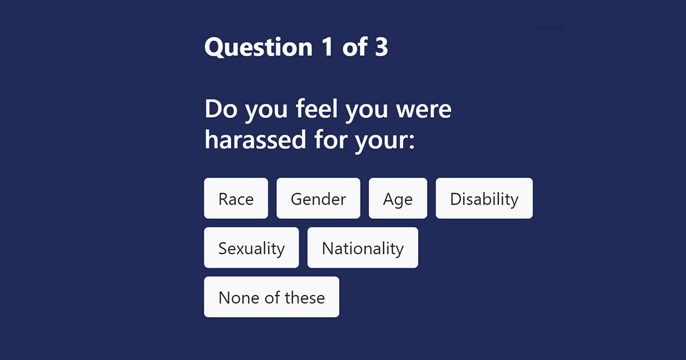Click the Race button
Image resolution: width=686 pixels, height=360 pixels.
(236, 198)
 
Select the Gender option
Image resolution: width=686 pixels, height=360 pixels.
(318, 198)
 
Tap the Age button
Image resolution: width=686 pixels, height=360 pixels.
(398, 198)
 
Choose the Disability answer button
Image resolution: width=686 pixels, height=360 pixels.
(484, 198)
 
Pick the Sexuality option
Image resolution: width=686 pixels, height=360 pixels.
(252, 247)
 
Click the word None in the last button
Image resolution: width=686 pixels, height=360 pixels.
(239, 298)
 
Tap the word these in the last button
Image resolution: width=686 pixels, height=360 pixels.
(305, 298)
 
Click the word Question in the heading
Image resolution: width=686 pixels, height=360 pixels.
(258, 47)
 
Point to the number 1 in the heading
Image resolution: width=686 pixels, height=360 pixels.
(327, 46)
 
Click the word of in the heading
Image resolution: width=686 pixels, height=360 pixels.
(354, 46)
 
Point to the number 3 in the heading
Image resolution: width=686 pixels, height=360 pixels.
(381, 46)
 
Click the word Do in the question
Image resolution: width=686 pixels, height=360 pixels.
(221, 109)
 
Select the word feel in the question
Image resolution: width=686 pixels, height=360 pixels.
(317, 109)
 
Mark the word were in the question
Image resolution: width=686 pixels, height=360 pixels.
(424, 110)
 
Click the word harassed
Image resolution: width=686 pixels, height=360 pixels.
(256, 139)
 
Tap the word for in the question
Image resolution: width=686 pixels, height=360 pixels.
(330, 139)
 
